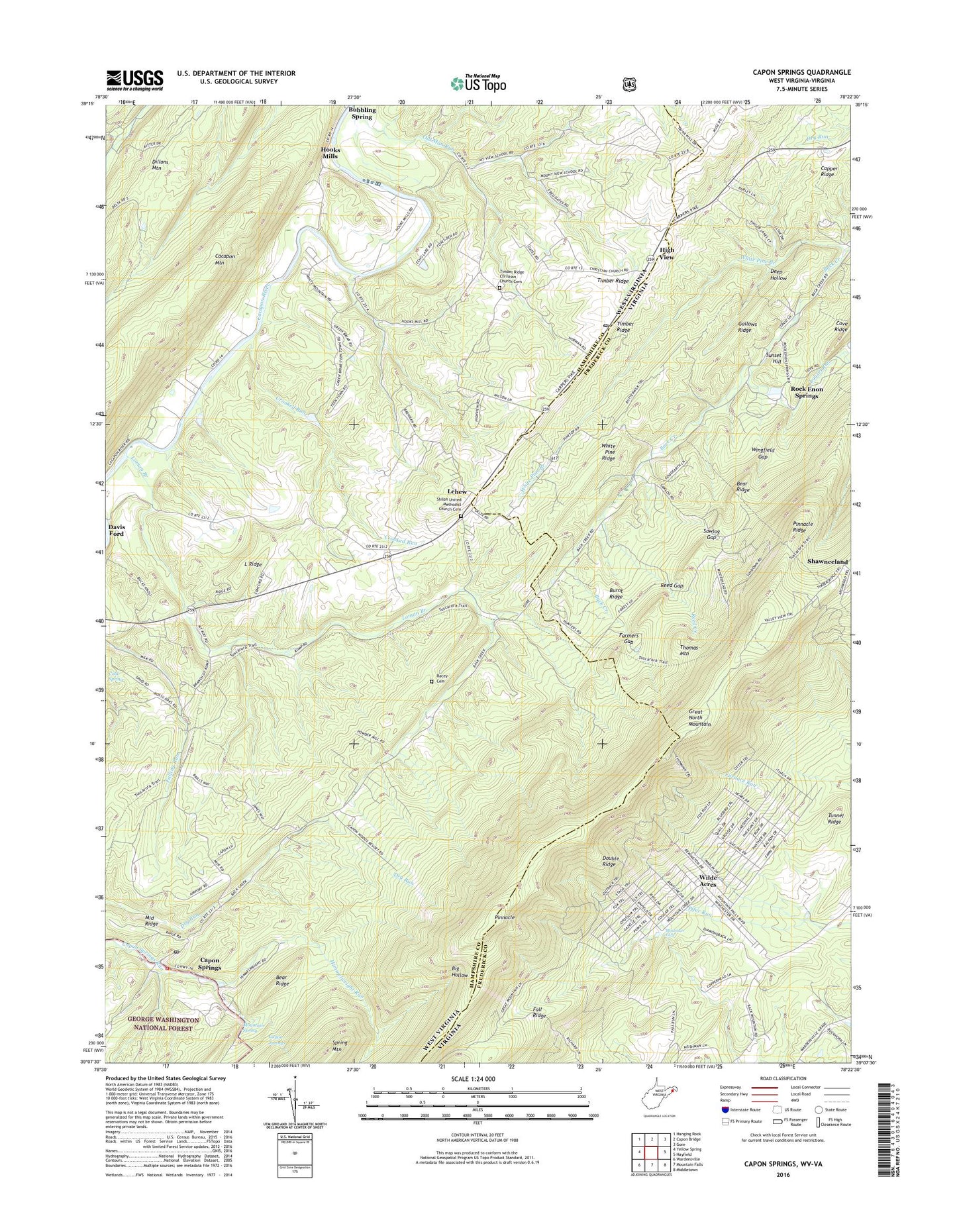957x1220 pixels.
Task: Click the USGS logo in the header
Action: coord(134,80)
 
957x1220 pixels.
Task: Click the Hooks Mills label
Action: coord(330,153)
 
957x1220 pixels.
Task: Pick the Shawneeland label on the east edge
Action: coord(827,561)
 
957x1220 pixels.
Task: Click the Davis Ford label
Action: coord(117,530)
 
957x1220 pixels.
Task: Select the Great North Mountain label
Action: coord(694,718)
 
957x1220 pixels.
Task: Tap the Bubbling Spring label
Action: coord(362,113)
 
